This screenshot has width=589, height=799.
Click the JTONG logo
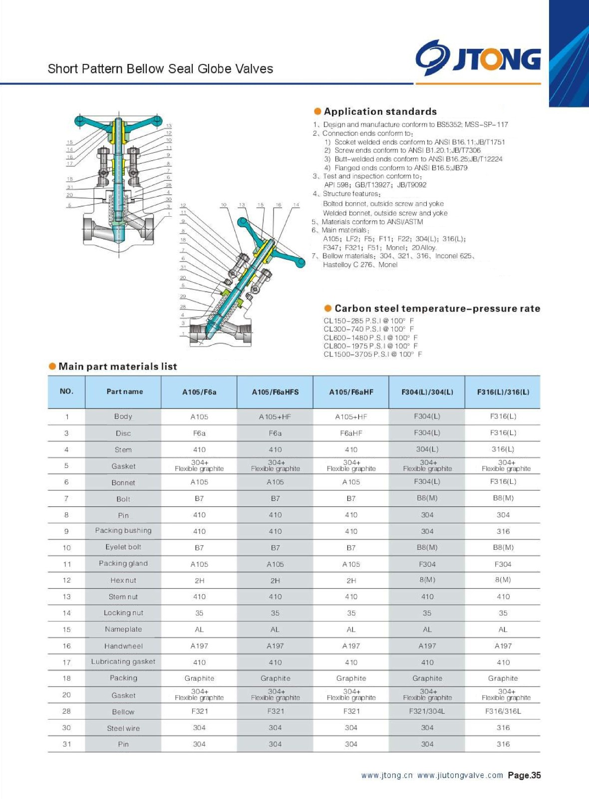pos(478,58)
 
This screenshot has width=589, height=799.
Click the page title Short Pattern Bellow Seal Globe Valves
pos(160,69)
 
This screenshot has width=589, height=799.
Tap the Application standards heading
pos(380,111)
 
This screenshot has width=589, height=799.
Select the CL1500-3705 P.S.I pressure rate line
pos(372,354)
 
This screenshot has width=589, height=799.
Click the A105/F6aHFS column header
pos(275,392)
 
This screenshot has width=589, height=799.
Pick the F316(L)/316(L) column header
pos(503,392)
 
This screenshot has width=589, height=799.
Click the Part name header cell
pos(124,392)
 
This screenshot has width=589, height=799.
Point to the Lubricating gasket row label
pos(123,662)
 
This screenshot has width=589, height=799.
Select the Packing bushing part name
pos(123,531)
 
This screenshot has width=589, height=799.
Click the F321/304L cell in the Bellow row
pos(427,711)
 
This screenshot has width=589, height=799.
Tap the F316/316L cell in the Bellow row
pos(503,711)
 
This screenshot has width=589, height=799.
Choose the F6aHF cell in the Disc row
pos(351,433)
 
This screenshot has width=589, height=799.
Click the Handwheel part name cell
pos(123,646)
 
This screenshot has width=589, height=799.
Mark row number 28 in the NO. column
pos(66,711)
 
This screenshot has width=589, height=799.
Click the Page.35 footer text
pos(524,776)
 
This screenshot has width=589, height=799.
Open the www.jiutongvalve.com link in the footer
pos(460,776)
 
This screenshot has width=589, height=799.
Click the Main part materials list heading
pos(117,367)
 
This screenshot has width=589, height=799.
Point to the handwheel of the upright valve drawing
pos(118,121)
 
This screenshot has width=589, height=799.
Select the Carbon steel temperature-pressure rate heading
pos(437,309)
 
